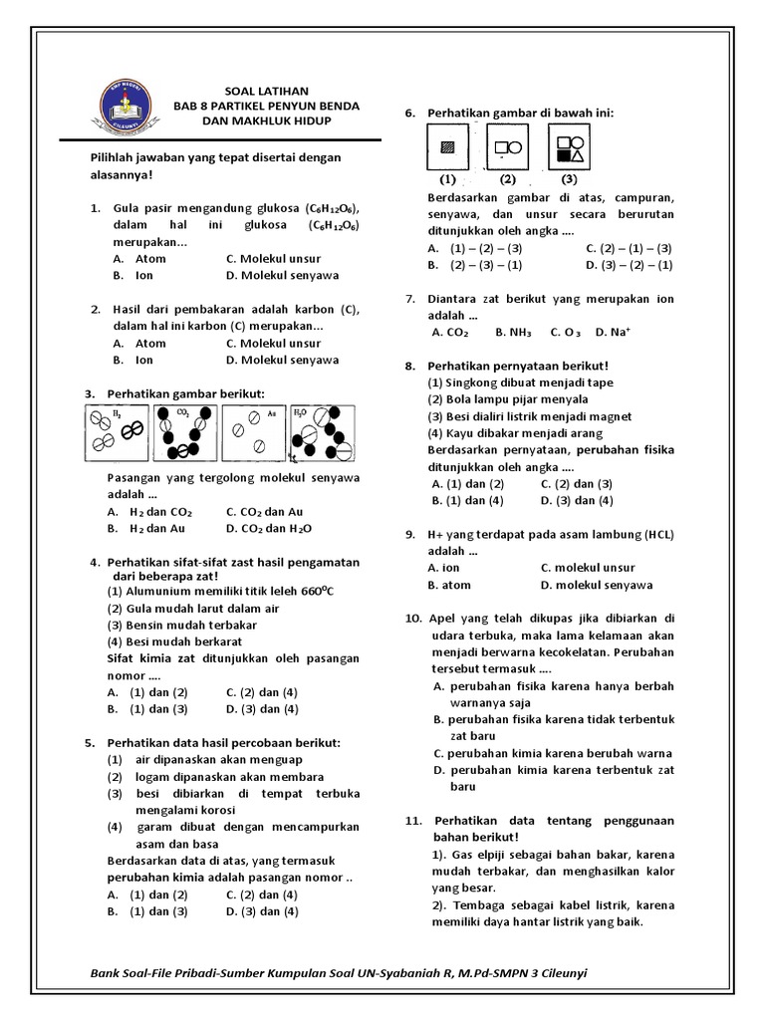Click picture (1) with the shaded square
447,148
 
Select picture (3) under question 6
569,148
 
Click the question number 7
410,299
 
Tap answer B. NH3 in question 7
513,333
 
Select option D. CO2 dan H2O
268,529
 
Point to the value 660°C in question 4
316,591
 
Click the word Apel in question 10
442,619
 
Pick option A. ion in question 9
444,568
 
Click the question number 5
90,743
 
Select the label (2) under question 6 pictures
507,180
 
